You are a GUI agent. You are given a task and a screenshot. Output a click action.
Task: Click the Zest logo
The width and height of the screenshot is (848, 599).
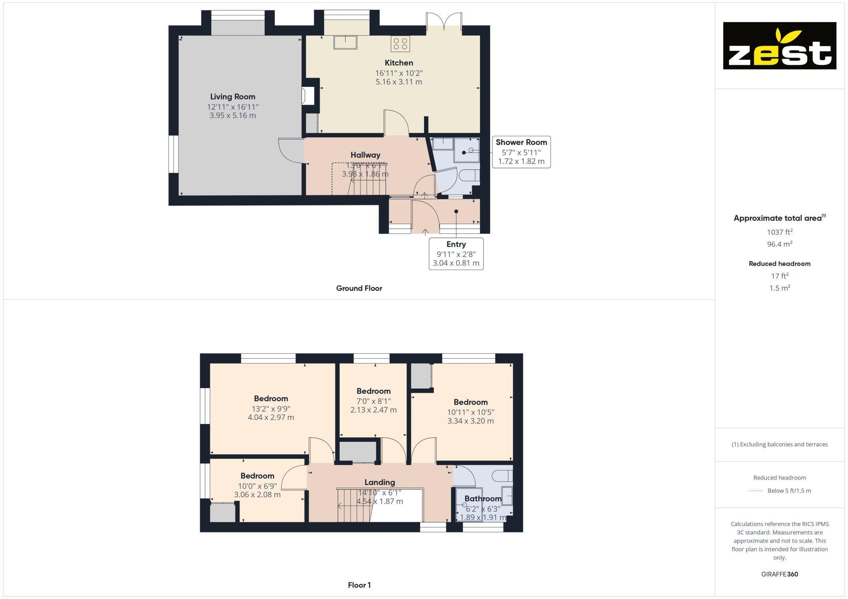[x=779, y=46]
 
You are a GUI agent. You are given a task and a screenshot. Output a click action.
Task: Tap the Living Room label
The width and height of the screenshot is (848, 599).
[x=233, y=97]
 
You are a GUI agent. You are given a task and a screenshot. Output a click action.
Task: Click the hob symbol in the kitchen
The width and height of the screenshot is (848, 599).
[x=400, y=44]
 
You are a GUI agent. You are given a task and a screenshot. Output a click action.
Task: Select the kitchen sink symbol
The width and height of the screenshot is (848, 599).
[x=345, y=42]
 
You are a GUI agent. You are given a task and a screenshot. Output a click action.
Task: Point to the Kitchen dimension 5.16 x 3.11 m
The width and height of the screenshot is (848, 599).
[x=399, y=82]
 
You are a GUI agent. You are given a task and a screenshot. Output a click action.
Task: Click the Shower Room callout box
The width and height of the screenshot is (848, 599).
[x=521, y=152]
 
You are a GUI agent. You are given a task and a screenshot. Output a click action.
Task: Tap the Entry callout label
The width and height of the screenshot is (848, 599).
[x=456, y=244]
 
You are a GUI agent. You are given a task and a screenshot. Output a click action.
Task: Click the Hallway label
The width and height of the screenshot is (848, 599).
[x=365, y=155]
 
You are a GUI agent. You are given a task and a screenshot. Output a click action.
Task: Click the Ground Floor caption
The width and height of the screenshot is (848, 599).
[x=359, y=288]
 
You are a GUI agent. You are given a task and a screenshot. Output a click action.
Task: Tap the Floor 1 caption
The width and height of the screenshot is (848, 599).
[x=359, y=585]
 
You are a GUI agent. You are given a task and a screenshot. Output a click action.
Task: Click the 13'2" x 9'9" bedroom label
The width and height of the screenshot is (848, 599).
[x=271, y=399]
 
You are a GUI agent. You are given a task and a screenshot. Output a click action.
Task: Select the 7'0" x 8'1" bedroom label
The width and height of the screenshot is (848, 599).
[x=373, y=391]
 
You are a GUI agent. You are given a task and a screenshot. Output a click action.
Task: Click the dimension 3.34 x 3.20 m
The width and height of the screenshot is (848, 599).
[x=470, y=421]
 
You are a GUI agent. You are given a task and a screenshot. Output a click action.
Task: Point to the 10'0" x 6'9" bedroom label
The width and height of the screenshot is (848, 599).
[x=257, y=476]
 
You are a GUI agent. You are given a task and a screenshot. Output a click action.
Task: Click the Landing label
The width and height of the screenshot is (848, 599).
[x=379, y=482]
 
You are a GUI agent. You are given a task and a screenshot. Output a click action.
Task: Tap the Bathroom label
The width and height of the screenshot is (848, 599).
[x=483, y=499]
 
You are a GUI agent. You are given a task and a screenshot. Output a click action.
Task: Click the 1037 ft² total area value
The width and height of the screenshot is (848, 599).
[x=779, y=232]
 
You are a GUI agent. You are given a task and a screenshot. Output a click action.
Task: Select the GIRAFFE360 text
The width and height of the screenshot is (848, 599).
[x=779, y=574]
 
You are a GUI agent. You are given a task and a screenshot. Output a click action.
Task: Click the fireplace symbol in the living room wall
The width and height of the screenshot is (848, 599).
[x=308, y=95]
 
